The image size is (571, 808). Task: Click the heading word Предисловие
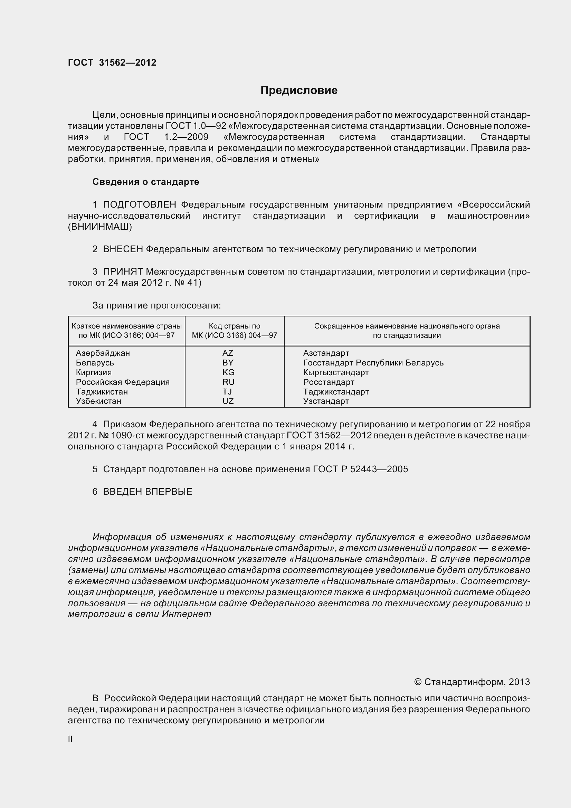pos(299,91)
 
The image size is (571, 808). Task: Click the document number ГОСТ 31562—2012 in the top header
pos(112,63)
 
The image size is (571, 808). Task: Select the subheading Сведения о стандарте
pos(146,182)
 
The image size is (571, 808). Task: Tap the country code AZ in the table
pos(228,353)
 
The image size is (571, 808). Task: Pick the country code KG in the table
pos(228,372)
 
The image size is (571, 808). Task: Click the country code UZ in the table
pos(228,401)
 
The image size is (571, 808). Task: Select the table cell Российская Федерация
pos(123,382)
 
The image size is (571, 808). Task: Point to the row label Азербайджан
pos(103,353)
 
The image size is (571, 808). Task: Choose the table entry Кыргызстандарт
pos(336,372)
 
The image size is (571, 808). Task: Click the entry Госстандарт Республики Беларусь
pos(373,363)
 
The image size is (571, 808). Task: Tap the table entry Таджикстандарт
pos(336,392)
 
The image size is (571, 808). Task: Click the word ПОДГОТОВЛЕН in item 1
pos(140,205)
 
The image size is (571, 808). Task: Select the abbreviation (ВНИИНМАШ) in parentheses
pos(100,227)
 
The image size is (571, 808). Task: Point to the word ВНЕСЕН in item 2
pos(123,249)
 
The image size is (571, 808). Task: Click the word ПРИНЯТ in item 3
pos(123,272)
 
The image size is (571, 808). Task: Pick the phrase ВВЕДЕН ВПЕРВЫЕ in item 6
pos(147,492)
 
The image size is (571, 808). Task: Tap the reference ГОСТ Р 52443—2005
pos(360,469)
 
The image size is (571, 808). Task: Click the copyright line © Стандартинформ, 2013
pos(472,682)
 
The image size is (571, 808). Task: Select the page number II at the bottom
pos(70,739)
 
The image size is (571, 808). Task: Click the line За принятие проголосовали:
pos(156,305)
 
